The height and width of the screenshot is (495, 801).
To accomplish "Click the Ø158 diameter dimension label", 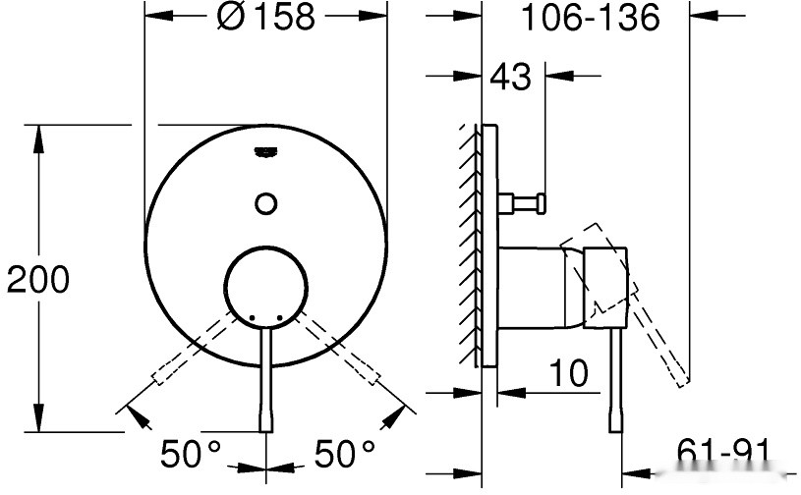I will (x=264, y=17).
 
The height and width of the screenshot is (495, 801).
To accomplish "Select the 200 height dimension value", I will (x=38, y=280).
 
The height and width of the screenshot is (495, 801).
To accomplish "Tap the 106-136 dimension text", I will (x=589, y=17).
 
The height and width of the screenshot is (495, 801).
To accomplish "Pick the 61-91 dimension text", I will (x=722, y=453).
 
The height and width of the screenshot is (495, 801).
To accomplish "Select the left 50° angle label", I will (x=192, y=454).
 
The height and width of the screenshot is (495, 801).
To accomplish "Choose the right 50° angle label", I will (x=345, y=454).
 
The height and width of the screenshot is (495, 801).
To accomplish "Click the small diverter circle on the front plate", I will (x=265, y=203).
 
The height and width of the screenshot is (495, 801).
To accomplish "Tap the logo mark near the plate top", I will (x=265, y=150).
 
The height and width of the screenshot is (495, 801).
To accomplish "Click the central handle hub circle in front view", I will (x=265, y=283).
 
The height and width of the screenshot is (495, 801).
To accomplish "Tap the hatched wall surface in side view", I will (x=468, y=246).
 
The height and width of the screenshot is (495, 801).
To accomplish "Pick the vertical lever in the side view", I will (x=616, y=383).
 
